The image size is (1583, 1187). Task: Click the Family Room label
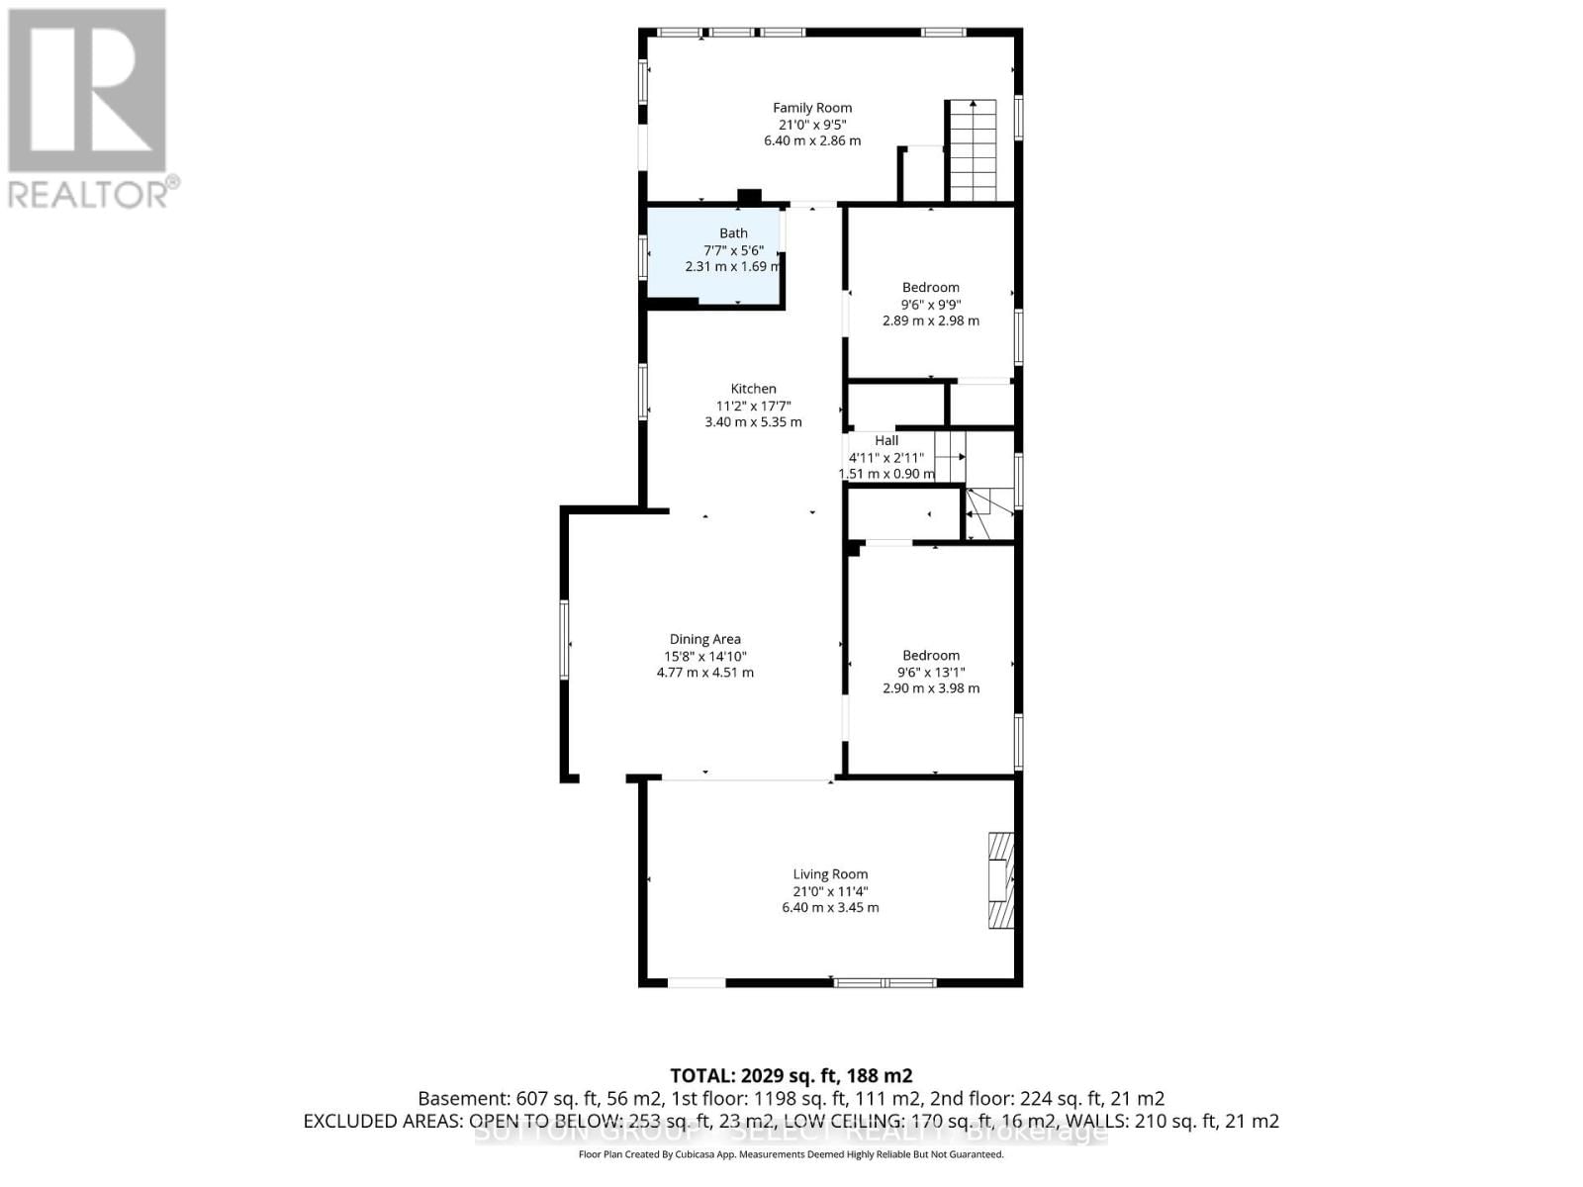[x=812, y=108]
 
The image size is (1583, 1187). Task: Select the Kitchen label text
[x=754, y=389]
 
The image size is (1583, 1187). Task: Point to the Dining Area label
[x=705, y=639]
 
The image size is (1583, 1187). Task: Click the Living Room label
[x=830, y=873]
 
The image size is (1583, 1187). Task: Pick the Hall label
[x=886, y=440]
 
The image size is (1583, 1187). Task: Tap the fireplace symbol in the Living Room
[x=1000, y=880]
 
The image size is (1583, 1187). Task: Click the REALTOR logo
[x=90, y=109]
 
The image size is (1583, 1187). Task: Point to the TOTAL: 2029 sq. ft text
[x=791, y=1075]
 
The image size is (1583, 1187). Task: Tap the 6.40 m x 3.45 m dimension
[x=830, y=907]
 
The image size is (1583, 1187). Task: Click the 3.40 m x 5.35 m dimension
[x=753, y=421]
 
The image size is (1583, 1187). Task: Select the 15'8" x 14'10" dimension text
[x=705, y=656]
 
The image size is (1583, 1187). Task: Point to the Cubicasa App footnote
[x=791, y=1154]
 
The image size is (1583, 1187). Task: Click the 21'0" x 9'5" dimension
[x=812, y=125]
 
